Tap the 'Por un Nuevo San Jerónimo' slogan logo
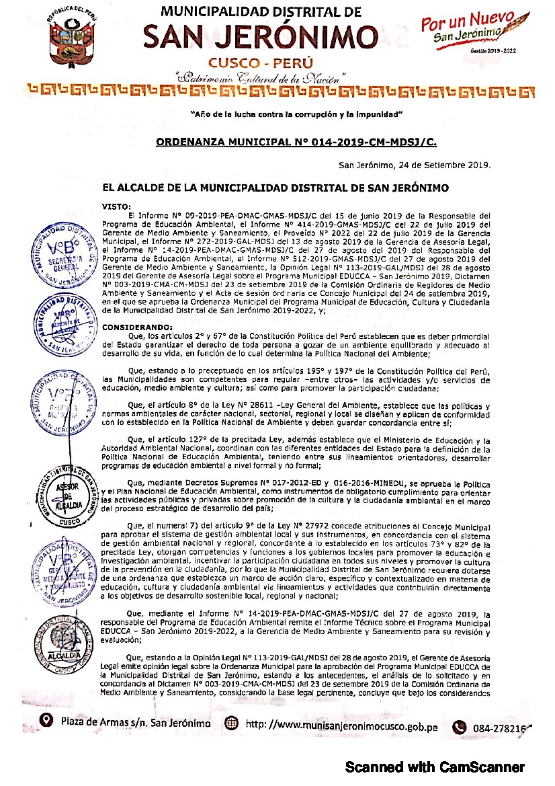point(469,28)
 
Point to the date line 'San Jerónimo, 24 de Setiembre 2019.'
point(415,165)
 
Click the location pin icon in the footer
point(46,722)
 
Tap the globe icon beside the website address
point(231,723)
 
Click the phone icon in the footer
point(460,726)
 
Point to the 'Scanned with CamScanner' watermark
point(434,767)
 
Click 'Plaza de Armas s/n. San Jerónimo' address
point(135,723)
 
